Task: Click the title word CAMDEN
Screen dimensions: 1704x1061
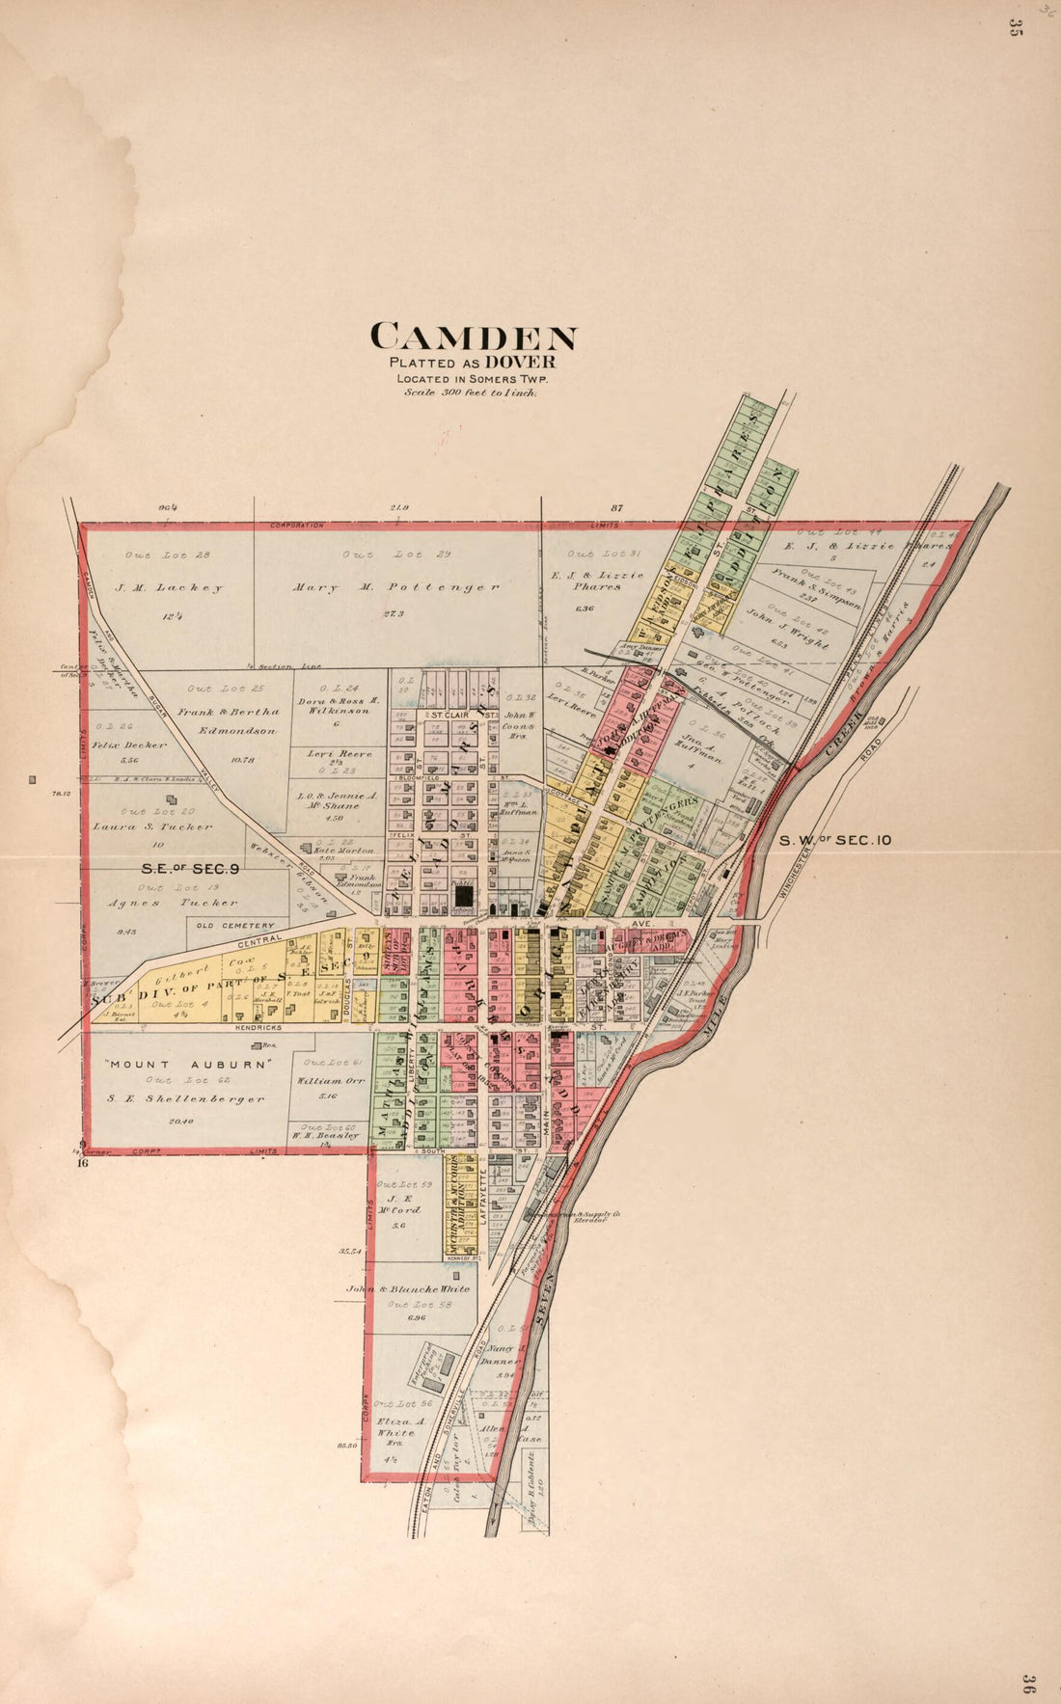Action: click(474, 337)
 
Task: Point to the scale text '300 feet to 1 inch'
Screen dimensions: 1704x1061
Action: click(471, 392)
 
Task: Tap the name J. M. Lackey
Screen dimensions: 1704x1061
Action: click(170, 587)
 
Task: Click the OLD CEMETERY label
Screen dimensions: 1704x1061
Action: click(235, 926)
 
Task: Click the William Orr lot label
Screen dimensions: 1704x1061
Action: click(331, 1081)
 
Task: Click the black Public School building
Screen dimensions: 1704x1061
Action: click(464, 896)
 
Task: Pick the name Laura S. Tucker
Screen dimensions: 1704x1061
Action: click(152, 826)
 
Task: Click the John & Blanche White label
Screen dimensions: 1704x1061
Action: click(409, 1288)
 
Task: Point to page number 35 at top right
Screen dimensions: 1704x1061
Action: click(1014, 27)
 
